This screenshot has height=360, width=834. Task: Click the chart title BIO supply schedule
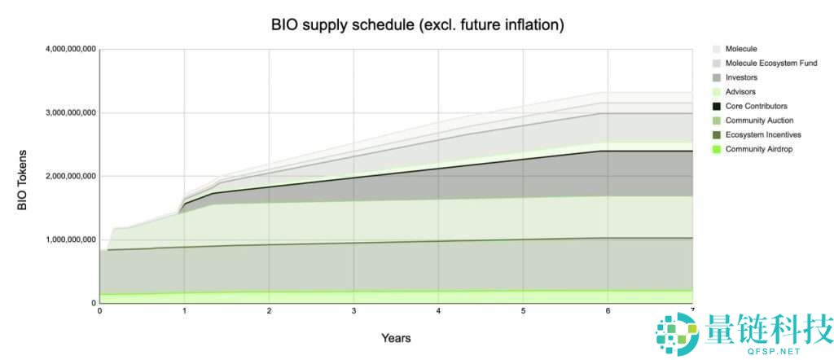coord(417,24)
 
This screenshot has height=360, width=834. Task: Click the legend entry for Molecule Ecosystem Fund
coord(770,63)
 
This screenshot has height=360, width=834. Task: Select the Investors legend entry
coord(741,77)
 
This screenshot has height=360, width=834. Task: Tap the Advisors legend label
coord(740,92)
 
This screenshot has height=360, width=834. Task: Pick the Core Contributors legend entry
coord(756,106)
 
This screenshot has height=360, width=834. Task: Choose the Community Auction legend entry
coord(759,121)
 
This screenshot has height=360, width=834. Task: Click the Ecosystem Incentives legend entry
coord(763,134)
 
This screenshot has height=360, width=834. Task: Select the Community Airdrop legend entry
coord(759,149)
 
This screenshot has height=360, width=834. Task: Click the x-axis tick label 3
coord(353,311)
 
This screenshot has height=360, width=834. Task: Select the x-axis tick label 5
coord(523,311)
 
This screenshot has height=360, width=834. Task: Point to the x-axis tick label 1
coord(184,311)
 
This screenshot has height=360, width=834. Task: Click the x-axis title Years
coord(396,337)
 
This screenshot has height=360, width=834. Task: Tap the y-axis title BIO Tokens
coord(22,180)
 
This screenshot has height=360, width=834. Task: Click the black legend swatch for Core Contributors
coord(716,106)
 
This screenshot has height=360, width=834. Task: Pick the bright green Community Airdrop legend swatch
coord(716,149)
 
